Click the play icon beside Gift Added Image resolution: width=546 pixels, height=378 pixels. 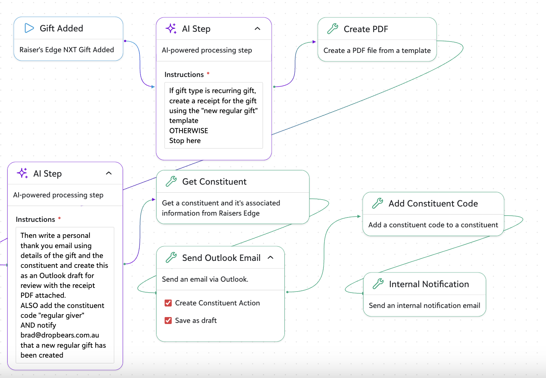coord(29,28)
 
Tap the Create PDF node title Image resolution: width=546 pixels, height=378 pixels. coord(366,29)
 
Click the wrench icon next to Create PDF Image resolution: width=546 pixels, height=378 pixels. coord(332,28)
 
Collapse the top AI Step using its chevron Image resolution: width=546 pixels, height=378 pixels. coord(257,28)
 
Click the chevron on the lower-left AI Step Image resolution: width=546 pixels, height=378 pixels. coord(109,173)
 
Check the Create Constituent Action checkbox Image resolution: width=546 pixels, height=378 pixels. coord(168,303)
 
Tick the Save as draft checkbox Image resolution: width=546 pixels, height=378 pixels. coord(168,320)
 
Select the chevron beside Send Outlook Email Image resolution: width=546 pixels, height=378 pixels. coord(270,257)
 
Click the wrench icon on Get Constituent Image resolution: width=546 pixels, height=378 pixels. coord(171,181)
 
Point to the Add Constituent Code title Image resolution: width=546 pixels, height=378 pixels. coord(433,204)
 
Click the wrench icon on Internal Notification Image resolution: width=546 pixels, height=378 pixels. coord(378,284)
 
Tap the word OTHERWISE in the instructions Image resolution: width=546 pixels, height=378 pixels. coord(189,131)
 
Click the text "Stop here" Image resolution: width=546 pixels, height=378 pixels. coord(185,140)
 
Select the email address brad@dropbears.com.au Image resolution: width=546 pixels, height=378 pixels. coord(60,335)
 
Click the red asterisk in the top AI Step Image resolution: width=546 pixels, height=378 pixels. coord(208,73)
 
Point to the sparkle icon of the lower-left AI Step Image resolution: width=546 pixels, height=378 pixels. coord(22,173)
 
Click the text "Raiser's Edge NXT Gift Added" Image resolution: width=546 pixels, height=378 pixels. coord(66,50)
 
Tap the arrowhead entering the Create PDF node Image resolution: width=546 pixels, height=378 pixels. coord(314,42)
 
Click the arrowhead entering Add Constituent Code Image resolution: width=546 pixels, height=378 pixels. coord(359,216)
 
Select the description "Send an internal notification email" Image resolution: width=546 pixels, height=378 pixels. coord(424,305)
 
